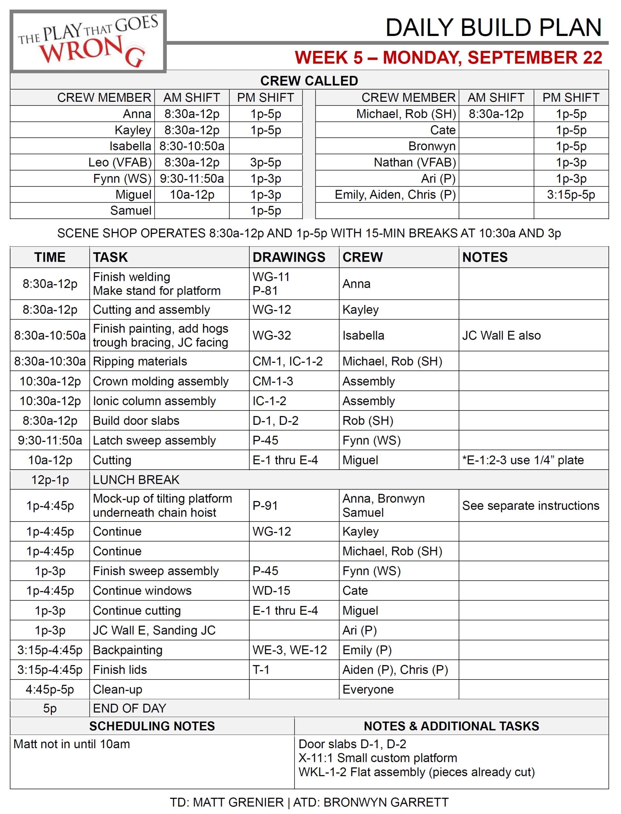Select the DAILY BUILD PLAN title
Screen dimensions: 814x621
[494, 28]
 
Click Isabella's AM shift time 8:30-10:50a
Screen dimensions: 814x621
[192, 146]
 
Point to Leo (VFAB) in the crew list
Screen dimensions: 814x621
[120, 162]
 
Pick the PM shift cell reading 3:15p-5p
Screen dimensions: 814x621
[571, 195]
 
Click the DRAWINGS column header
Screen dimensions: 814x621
[289, 257]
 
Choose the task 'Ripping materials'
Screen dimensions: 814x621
[140, 361]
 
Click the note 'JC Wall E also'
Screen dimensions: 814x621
[501, 335]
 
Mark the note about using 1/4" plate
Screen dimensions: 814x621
[523, 460]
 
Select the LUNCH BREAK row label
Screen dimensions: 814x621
[136, 479]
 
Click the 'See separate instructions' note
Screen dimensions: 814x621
[530, 506]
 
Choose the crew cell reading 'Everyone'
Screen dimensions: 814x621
[368, 689]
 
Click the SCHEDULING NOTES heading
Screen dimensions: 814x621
[152, 726]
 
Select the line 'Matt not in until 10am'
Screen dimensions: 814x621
[72, 744]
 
